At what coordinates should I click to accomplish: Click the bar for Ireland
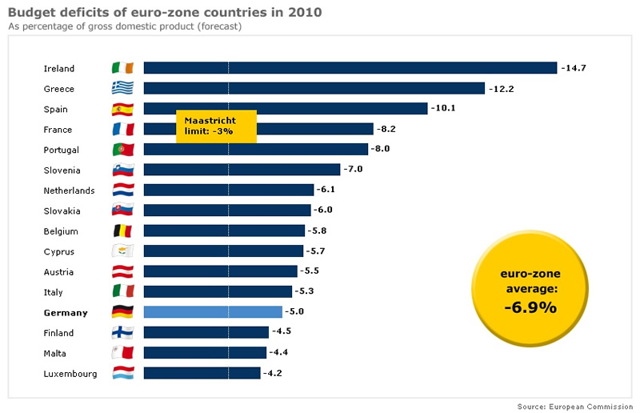pyautogui.click(x=350, y=68)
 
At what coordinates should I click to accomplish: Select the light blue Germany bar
pyautogui.click(x=213, y=312)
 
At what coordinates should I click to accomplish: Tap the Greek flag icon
pyautogui.click(x=122, y=89)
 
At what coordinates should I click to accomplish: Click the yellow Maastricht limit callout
pyautogui.click(x=216, y=126)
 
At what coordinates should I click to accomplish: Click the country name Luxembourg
pyautogui.click(x=70, y=374)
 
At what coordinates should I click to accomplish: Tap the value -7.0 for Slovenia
pyautogui.click(x=353, y=170)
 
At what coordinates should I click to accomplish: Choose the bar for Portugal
pyautogui.click(x=255, y=150)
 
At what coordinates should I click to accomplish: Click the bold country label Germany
pyautogui.click(x=66, y=313)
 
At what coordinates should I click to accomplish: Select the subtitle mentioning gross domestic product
pyautogui.click(x=125, y=26)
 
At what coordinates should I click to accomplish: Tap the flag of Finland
pyautogui.click(x=122, y=333)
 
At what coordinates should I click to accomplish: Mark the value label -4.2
pyautogui.click(x=274, y=374)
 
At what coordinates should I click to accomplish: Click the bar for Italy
pyautogui.click(x=218, y=292)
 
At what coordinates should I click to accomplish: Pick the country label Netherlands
pyautogui.click(x=69, y=190)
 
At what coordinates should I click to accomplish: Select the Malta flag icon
pyautogui.click(x=122, y=353)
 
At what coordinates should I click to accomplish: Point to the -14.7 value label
pyautogui.click(x=574, y=68)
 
